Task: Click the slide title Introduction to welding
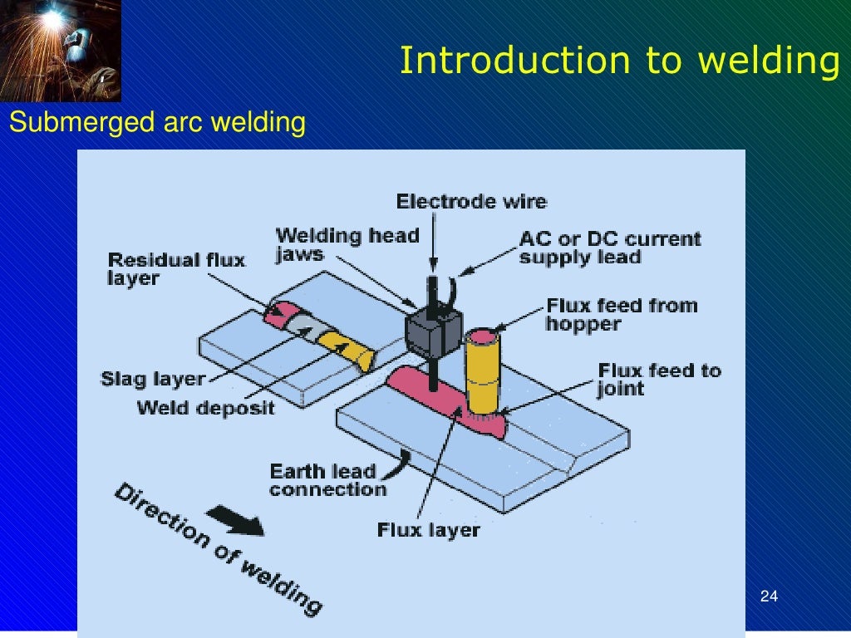pyautogui.click(x=618, y=61)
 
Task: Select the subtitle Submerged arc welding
pyautogui.click(x=157, y=123)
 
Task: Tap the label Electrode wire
pyautogui.click(x=471, y=201)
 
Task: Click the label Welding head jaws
pyautogui.click(x=347, y=244)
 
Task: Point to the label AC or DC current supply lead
pyautogui.click(x=609, y=248)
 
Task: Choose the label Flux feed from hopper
pyautogui.click(x=621, y=314)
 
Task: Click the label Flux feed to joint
pyautogui.click(x=659, y=379)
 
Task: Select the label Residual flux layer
pyautogui.click(x=176, y=268)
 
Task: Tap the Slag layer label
pyautogui.click(x=153, y=379)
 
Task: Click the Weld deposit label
pyautogui.click(x=205, y=407)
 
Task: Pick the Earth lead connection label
pyautogui.click(x=327, y=480)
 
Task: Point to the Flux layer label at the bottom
pyautogui.click(x=428, y=528)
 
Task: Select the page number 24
pyautogui.click(x=769, y=596)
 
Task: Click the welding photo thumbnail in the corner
pyautogui.click(x=60, y=50)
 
